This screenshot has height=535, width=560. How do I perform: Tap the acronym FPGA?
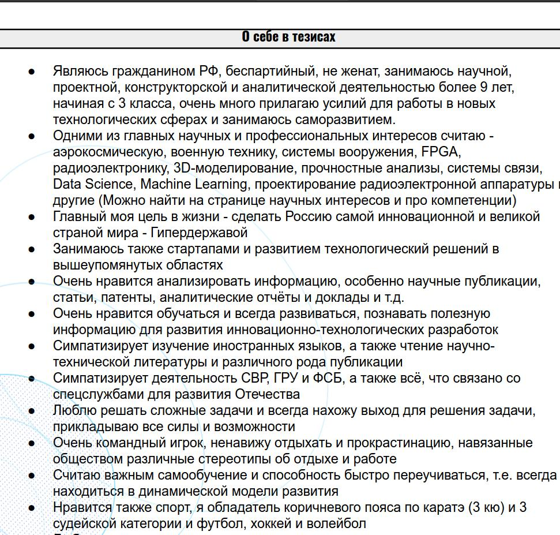coord(441,152)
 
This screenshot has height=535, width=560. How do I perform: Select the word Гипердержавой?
coord(199,233)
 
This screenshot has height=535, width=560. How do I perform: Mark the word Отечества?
coord(268,395)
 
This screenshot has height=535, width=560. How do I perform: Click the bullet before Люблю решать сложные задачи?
coord(32,411)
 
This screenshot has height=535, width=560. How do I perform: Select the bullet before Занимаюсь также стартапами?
coord(32,250)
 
